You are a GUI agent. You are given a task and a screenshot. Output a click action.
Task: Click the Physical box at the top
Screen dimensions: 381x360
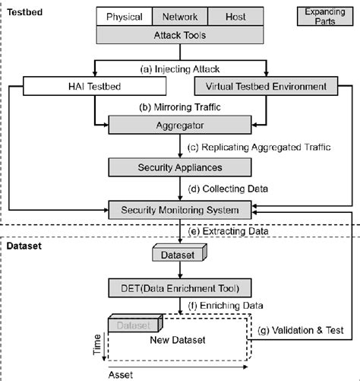coord(124,16)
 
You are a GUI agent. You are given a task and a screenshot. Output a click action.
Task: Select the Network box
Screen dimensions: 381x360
coord(178,16)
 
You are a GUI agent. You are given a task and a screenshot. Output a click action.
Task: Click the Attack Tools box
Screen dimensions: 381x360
coord(179,34)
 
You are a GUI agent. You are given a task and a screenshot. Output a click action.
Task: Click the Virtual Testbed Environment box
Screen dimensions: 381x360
coord(261,87)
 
